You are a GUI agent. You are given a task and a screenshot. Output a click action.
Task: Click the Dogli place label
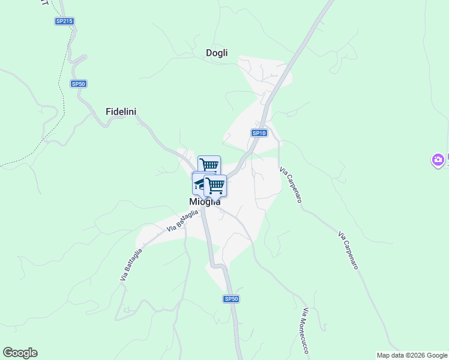coord(217,53)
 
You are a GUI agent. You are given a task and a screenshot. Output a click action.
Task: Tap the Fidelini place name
coord(121,112)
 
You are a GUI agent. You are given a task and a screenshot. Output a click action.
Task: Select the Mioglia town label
coord(205,202)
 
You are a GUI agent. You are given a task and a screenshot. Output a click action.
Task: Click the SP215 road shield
coord(64,21)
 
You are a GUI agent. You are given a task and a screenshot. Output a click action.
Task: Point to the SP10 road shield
coord(259,133)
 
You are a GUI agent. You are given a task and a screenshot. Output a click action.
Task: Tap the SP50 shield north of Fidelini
coord(79,84)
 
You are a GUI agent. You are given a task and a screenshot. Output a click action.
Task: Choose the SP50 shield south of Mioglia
coord(232,299)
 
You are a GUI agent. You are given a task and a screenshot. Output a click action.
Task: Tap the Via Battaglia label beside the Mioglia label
coord(182,220)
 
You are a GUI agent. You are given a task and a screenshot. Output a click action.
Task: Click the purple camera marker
coord(438,160)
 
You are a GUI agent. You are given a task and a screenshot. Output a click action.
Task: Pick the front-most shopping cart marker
coord(215,185)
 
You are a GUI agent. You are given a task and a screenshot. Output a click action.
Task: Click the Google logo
coord(20,353)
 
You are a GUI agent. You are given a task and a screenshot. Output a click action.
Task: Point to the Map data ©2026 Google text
coord(412,355)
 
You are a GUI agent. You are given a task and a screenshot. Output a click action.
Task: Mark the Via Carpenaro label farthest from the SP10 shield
coord(348,250)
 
